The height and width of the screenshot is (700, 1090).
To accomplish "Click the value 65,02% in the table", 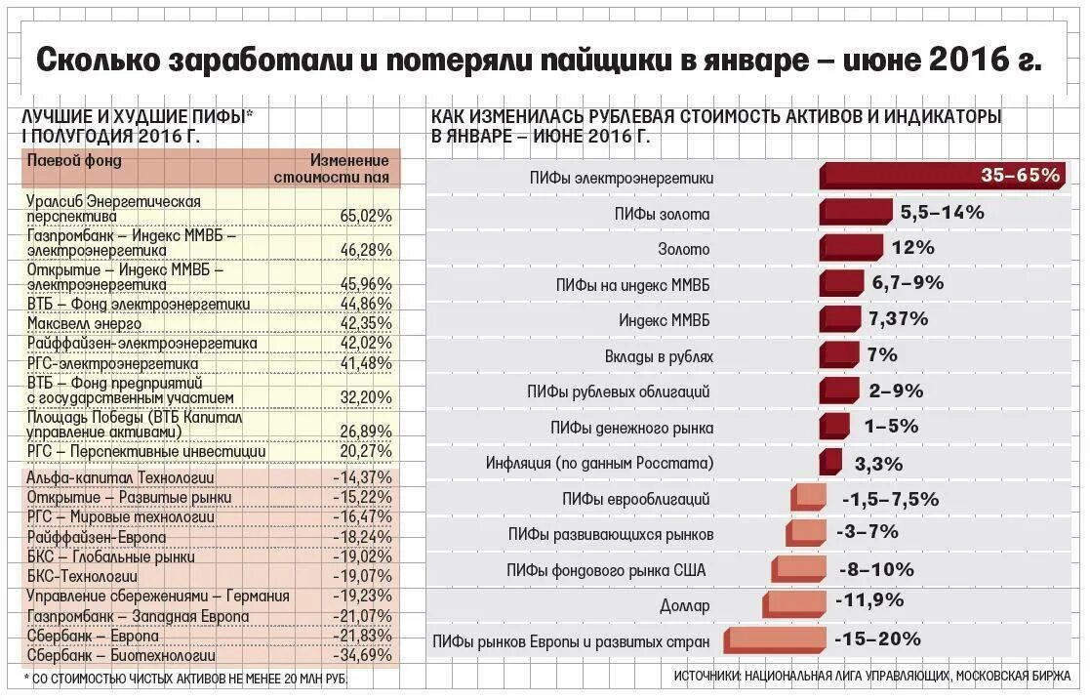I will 366,215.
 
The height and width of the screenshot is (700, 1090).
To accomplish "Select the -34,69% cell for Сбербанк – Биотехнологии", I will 363,656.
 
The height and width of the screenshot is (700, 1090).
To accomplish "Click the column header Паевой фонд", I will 74,160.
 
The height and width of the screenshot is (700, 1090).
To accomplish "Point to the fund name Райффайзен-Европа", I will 97,538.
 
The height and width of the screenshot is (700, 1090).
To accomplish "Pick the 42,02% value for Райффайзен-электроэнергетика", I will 366,344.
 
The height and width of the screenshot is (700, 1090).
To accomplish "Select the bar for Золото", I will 851,248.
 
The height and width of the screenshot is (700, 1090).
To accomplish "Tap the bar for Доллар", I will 794,604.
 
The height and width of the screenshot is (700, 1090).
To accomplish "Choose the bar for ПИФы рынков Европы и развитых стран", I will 775,640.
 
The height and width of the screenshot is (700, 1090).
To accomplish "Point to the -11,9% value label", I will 868,599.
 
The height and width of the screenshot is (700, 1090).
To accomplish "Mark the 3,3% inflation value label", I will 878,463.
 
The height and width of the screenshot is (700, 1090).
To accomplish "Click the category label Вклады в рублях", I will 671,356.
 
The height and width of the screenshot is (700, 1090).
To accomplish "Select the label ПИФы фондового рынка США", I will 605,570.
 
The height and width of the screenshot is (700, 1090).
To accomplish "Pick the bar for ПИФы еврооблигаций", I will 809,498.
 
